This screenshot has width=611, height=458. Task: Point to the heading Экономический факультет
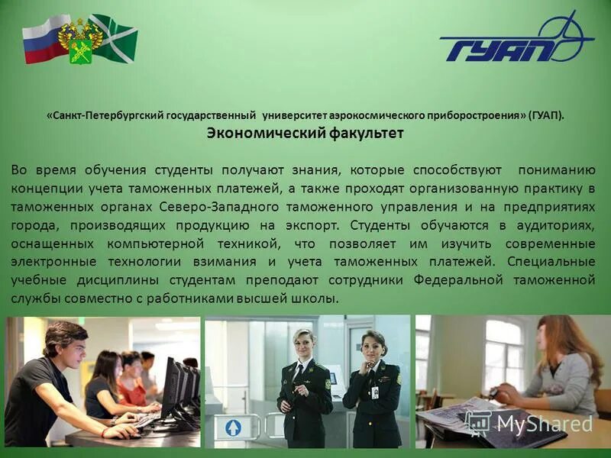[x=305, y=133]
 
